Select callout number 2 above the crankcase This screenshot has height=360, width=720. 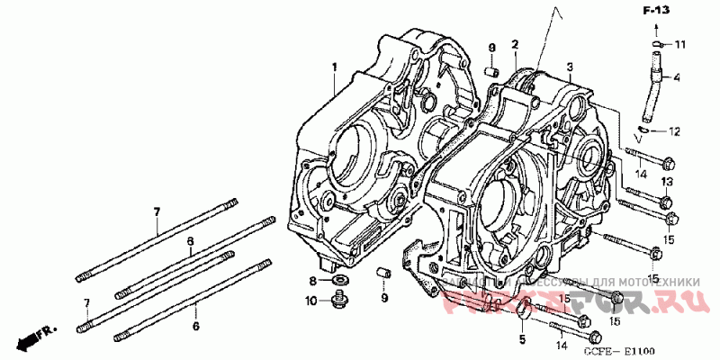(515, 44)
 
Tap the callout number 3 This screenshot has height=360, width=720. (570, 66)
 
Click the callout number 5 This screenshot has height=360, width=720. (521, 339)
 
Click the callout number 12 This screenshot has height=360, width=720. (674, 131)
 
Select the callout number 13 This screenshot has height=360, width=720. (667, 183)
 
